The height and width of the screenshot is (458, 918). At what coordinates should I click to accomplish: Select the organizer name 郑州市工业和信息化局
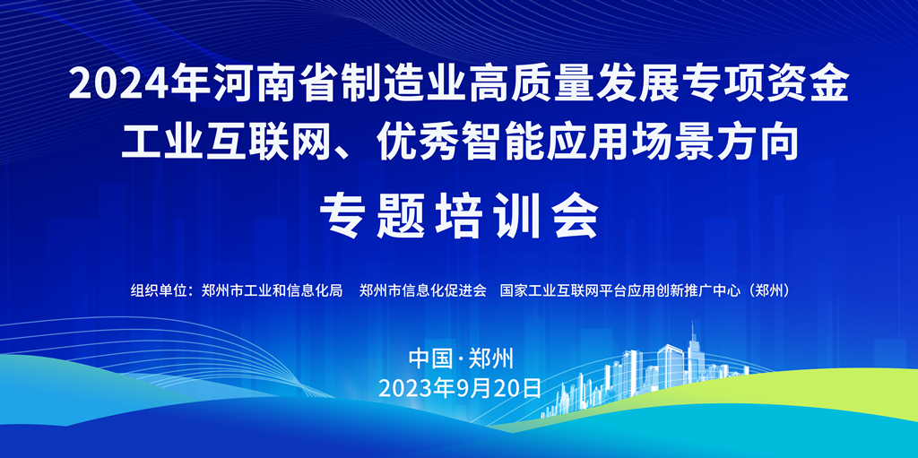click(x=271, y=289)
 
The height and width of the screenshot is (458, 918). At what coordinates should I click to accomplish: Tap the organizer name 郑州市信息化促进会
click(x=423, y=289)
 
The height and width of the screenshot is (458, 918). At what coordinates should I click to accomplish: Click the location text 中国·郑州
click(x=461, y=359)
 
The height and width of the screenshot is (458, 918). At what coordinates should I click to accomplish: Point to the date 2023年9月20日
click(x=460, y=388)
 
